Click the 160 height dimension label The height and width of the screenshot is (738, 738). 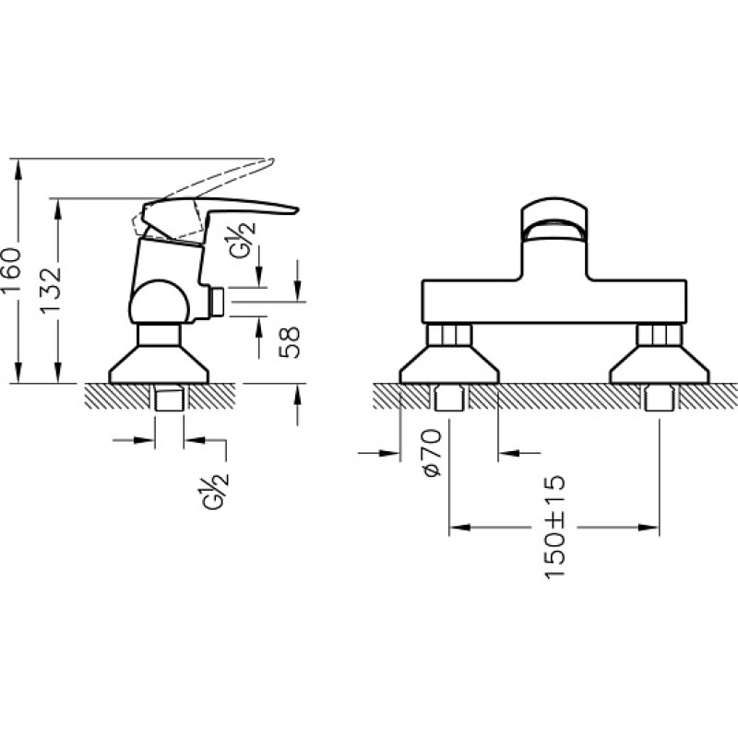12,270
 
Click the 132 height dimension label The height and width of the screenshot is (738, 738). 51,291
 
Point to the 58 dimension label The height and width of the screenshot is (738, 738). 290,342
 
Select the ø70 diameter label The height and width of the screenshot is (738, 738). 433,453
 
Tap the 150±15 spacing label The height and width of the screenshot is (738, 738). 555,527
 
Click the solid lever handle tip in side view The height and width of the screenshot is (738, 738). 295,210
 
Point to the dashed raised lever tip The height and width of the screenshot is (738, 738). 269,162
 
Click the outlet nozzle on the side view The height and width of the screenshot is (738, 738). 216,302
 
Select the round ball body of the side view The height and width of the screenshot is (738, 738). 160,304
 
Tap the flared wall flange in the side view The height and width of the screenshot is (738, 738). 159,364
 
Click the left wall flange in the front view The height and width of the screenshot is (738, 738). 449,364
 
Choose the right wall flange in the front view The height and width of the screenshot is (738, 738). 660,364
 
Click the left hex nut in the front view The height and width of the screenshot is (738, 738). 449,335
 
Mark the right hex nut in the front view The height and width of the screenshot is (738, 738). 660,335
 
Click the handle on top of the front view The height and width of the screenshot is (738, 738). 555,221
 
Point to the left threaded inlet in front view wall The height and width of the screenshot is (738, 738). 449,399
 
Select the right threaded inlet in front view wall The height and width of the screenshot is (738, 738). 660,399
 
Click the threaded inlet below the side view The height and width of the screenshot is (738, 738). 170,399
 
